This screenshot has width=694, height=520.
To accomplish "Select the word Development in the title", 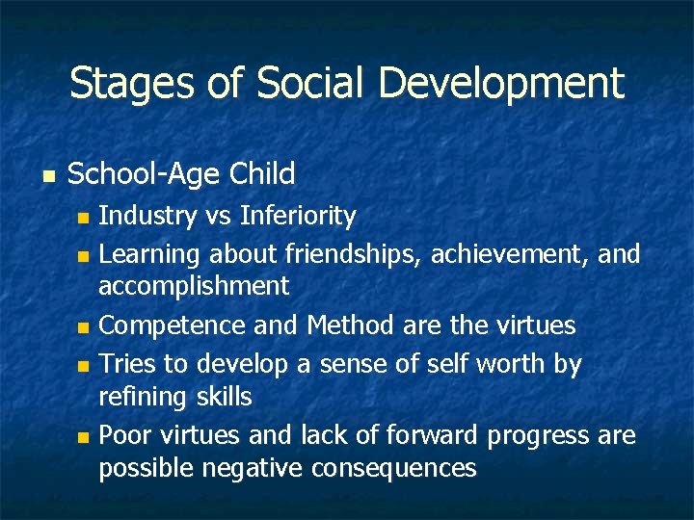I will pos(501,84).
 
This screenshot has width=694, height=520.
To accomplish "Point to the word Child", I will pos(262,174).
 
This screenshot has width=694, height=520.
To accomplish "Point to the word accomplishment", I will pos(194,286).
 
